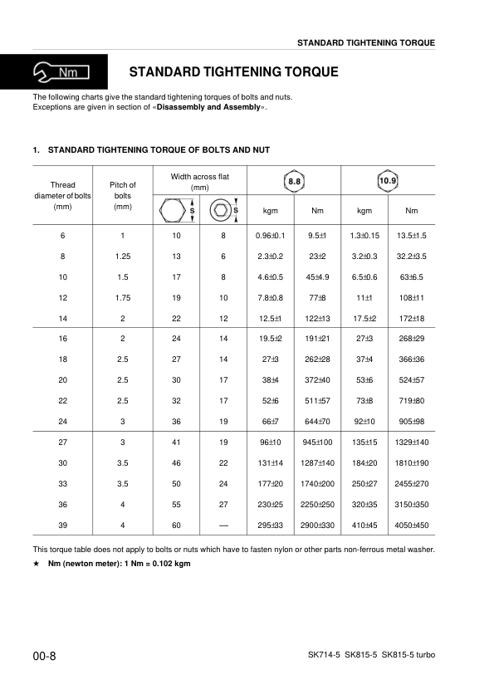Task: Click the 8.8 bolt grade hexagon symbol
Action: click(x=295, y=180)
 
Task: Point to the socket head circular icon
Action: click(x=219, y=210)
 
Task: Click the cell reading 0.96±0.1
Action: click(x=271, y=237)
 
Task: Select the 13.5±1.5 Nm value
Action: click(x=412, y=237)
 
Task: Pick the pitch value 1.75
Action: click(x=123, y=296)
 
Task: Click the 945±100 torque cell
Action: click(x=317, y=442)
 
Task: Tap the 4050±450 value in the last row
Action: click(x=412, y=525)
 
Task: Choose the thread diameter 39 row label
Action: click(x=63, y=525)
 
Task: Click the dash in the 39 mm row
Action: click(x=223, y=525)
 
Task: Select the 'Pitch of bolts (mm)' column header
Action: click(x=123, y=195)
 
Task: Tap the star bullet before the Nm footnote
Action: click(x=36, y=564)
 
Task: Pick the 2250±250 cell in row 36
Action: click(x=317, y=504)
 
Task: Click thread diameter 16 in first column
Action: click(x=63, y=338)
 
